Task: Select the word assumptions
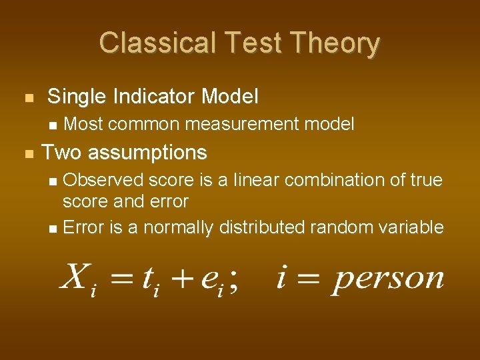click(147, 153)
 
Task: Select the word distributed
click(261, 228)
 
